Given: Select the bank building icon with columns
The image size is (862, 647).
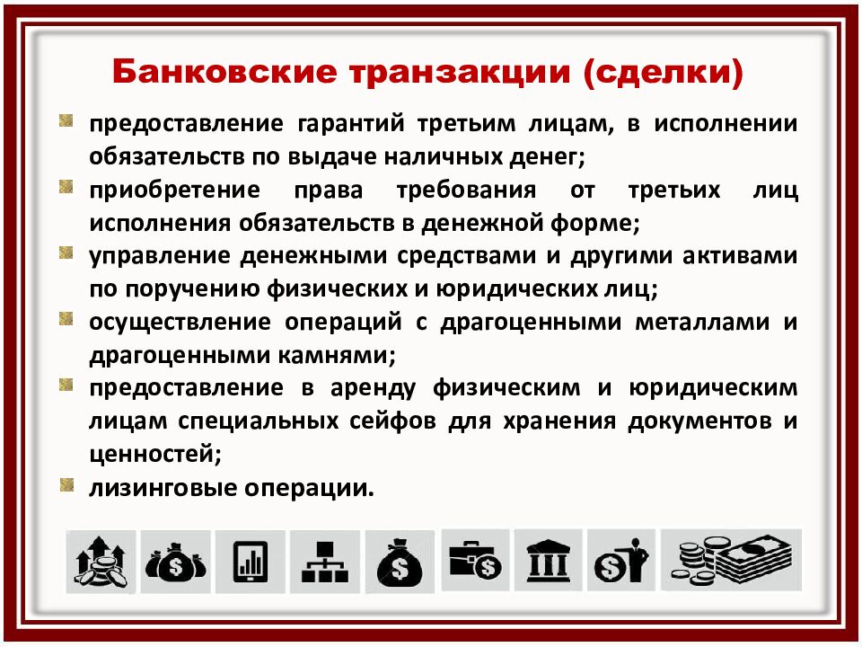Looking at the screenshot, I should point(548,562).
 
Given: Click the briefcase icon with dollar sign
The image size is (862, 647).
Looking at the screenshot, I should point(475,562).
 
